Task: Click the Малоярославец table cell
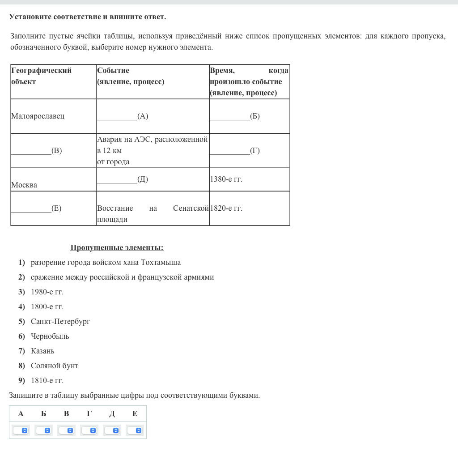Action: pos(38,116)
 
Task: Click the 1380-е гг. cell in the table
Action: pos(226,179)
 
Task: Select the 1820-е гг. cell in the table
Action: pos(226,208)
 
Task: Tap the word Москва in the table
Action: pos(24,185)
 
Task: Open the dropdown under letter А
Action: pos(21,430)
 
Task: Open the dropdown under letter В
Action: pos(66,430)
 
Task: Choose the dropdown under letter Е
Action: pos(135,430)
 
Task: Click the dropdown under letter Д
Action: pos(112,430)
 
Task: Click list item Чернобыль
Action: pos(50,336)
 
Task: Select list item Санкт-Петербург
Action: pos(60,322)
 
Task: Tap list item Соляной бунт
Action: pos(55,366)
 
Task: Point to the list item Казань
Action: pos(42,351)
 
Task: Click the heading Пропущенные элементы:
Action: pos(117,248)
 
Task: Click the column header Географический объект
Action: pos(41,76)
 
